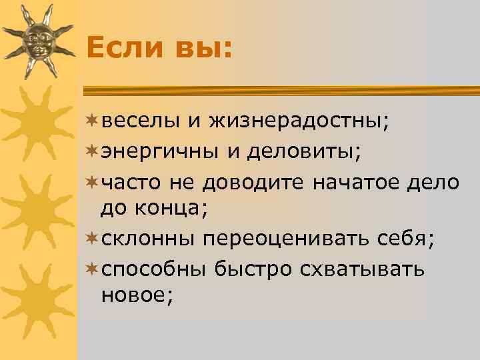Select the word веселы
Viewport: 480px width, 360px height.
(139, 122)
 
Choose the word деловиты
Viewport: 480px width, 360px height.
(303, 152)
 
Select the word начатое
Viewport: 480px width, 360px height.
(357, 182)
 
